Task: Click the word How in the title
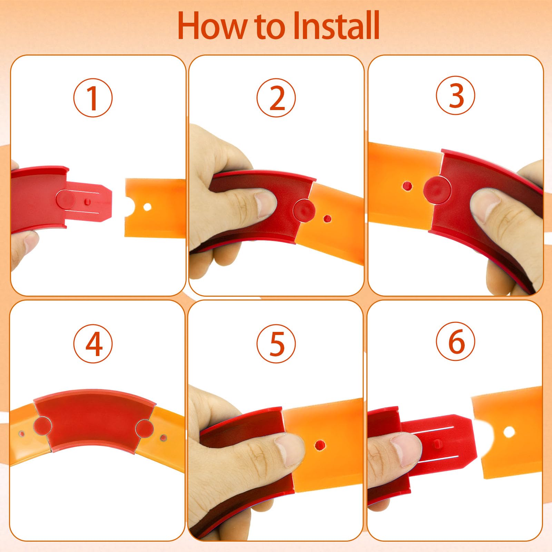coord(213,26)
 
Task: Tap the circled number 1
coord(93,98)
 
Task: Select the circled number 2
coord(276,98)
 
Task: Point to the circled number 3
coord(455,96)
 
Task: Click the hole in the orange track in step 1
coord(147,207)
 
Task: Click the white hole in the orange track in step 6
coord(509,431)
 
